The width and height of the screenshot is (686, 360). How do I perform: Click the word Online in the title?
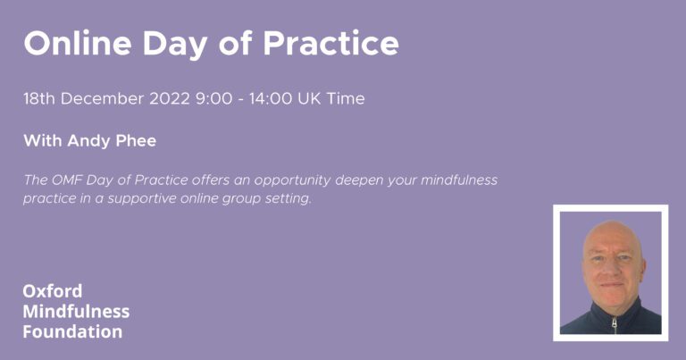78,43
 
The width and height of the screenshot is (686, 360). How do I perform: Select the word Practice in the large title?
330,43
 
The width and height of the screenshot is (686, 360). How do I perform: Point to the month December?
103,98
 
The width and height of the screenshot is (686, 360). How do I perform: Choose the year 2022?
170,98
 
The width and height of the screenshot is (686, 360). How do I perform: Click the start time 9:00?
214,98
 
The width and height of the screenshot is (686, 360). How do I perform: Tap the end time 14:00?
271,98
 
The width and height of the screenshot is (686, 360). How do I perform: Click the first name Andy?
88,142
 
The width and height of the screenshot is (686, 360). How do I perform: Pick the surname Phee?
136,140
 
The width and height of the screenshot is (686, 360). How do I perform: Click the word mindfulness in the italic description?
459,180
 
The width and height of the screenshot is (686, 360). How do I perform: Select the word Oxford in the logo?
53,291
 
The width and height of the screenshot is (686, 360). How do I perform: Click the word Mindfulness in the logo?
76,312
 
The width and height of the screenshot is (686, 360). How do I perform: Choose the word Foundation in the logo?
72,331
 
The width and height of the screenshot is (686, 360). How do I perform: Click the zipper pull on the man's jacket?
615,323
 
